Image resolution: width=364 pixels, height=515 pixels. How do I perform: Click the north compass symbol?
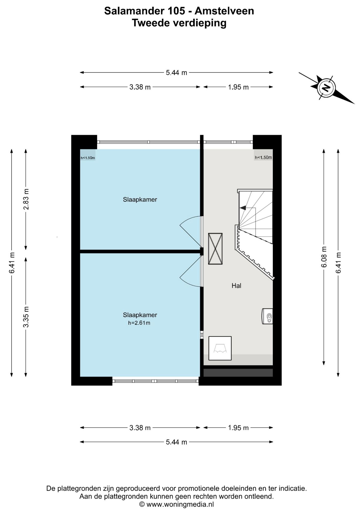coord(326,88)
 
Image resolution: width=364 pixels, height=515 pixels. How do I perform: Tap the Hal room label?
coord(236,286)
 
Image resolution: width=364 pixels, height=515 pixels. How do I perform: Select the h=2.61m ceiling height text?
coord(139,323)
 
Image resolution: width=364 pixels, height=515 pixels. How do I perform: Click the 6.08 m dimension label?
coord(324,257)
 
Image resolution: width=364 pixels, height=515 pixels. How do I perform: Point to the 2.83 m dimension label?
coord(26,199)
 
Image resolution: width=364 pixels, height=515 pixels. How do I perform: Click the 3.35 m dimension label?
coord(26,317)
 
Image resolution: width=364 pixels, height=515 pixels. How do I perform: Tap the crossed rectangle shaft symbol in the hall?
coord(216,249)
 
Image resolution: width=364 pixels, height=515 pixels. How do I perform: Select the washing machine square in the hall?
coord(220,348)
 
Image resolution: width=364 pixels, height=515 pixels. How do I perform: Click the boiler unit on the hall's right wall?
coord(267,316)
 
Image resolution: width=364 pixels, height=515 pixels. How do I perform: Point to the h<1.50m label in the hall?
coord(263,157)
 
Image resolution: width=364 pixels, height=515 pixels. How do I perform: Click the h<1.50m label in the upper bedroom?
coord(88,158)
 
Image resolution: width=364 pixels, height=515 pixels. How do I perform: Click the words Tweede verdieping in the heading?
coord(179,23)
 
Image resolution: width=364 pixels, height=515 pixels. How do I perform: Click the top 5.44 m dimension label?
coord(176,72)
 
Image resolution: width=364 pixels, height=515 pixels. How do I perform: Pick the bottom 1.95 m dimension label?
coord(238,428)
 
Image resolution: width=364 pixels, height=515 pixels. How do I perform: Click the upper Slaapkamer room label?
coord(140,200)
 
